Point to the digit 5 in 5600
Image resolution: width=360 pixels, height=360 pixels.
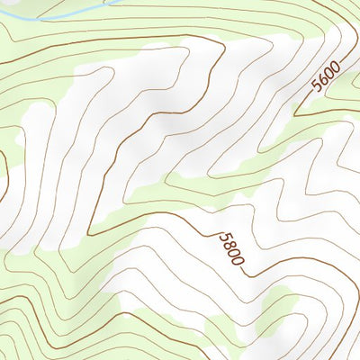316,86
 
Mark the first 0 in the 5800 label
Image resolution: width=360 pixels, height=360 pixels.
233,252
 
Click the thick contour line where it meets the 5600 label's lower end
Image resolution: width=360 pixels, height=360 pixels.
307,98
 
